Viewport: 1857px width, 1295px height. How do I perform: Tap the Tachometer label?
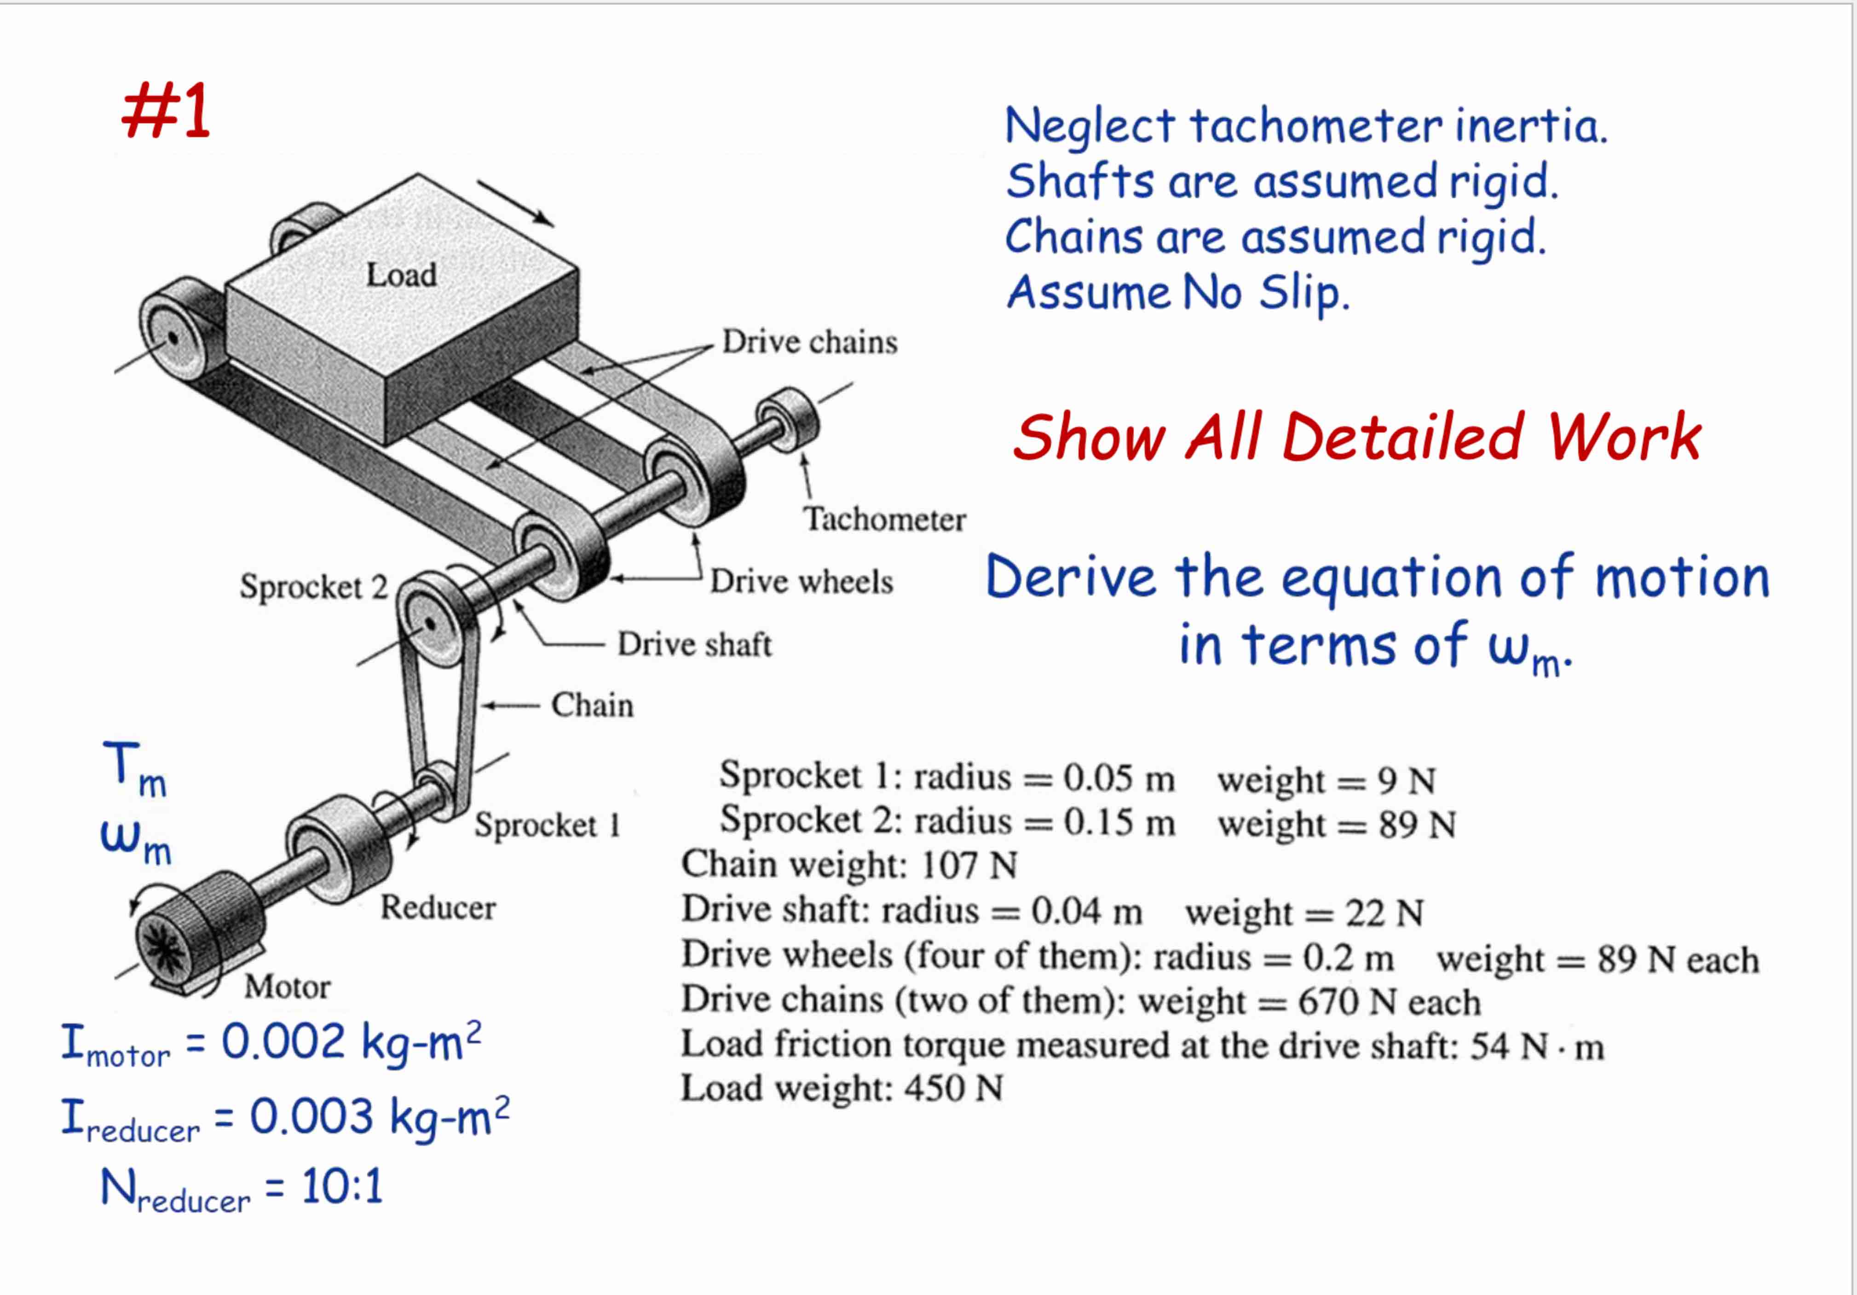884,519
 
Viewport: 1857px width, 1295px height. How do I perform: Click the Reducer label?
438,908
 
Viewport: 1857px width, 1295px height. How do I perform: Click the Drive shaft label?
694,645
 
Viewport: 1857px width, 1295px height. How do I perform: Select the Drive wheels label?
801,582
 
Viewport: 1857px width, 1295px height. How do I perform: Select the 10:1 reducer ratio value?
341,1187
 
